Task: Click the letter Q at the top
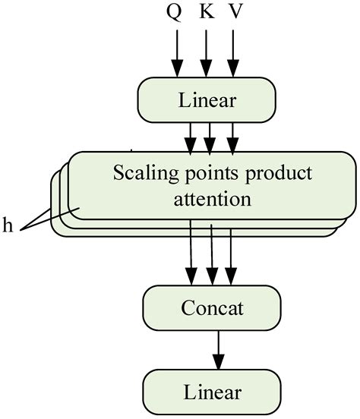175,15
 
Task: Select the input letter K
204,15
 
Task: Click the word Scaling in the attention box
141,173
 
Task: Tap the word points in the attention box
204,173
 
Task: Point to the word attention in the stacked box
212,200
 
